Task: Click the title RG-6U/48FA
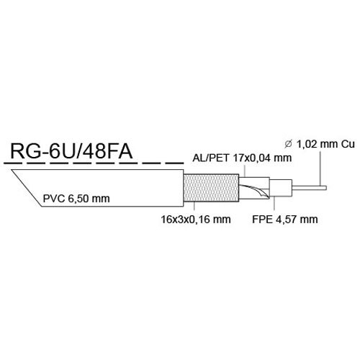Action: [71, 152]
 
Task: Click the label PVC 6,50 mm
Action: [76, 199]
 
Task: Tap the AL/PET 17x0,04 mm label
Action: [242, 158]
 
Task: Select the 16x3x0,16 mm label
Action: [196, 220]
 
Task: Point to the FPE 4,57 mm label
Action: [285, 220]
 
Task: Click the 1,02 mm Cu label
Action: [325, 144]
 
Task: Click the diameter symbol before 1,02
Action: [288, 144]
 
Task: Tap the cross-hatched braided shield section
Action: [211, 188]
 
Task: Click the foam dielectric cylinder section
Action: [281, 188]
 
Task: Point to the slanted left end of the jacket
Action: [27, 188]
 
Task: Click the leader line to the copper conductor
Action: [321, 168]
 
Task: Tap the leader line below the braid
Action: [194, 208]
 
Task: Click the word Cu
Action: [348, 144]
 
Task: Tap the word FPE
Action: [262, 220]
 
